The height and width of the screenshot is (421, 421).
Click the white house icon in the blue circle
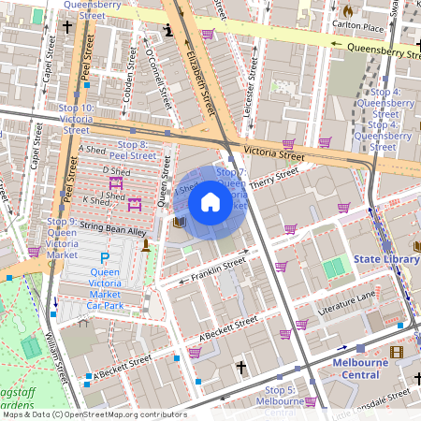(x=210, y=202)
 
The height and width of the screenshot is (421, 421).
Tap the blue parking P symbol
(x=105, y=257)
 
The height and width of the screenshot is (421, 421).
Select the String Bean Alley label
(x=113, y=231)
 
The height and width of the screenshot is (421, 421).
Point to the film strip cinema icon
(x=398, y=352)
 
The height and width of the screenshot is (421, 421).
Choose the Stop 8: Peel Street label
(x=131, y=150)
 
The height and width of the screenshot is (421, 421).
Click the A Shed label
(x=94, y=150)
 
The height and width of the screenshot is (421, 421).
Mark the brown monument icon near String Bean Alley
(x=145, y=245)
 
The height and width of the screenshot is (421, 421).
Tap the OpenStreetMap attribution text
(x=94, y=414)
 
